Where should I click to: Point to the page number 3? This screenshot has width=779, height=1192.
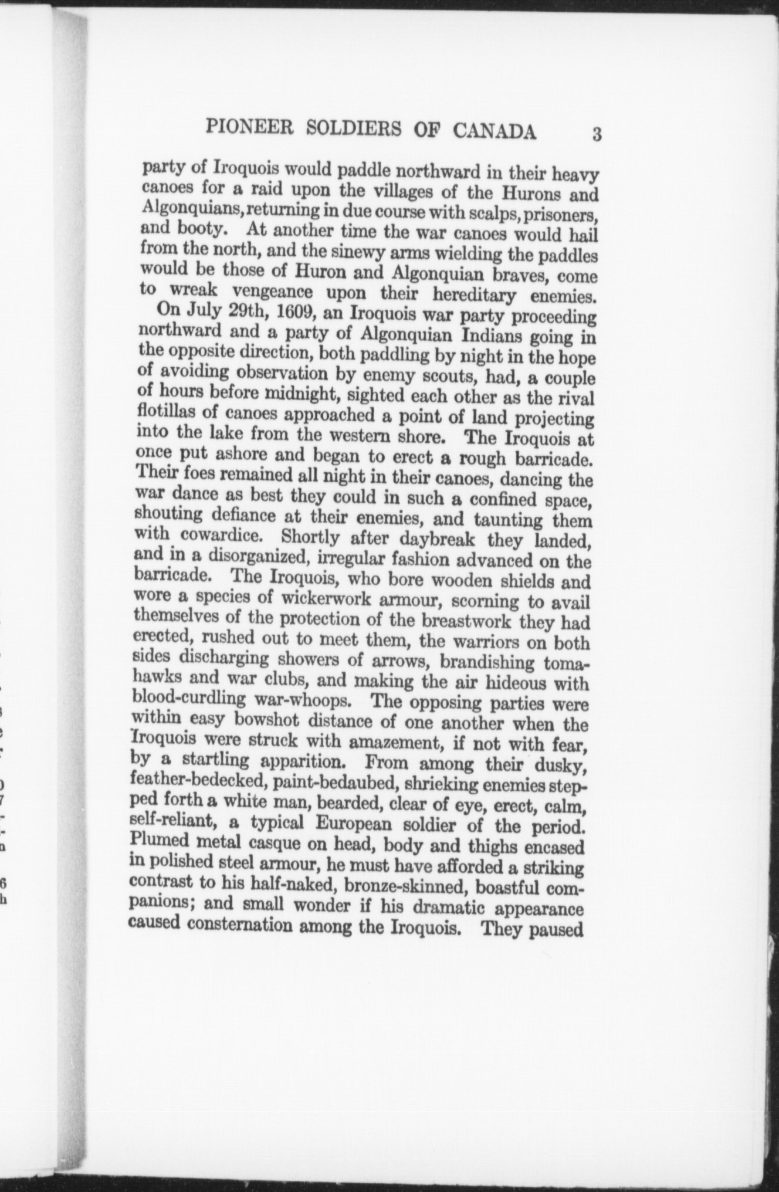pos(597,134)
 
